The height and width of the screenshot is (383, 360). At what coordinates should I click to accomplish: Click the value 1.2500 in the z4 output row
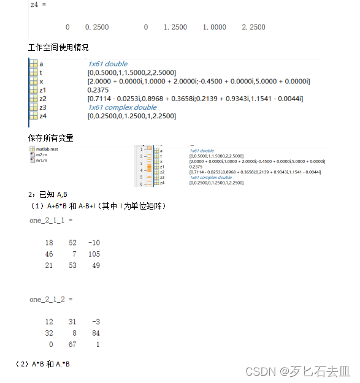click(175, 28)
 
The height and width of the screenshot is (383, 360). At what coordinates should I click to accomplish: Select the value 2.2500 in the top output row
click(253, 28)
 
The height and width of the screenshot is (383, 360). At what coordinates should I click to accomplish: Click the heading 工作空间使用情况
click(58, 48)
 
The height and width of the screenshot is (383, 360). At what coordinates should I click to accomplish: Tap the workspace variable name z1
click(43, 89)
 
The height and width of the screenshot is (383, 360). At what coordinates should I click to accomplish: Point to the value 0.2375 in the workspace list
click(98, 89)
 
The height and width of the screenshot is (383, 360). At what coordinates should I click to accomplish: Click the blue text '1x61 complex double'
click(122, 107)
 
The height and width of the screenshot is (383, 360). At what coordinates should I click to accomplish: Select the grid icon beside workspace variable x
click(33, 81)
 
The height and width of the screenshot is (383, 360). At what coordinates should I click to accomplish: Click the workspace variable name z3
click(43, 107)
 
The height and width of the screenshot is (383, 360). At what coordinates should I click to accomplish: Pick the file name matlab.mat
click(46, 149)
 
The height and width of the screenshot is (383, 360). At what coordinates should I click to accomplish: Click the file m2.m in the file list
click(41, 155)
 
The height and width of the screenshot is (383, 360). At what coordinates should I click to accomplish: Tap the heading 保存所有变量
click(50, 138)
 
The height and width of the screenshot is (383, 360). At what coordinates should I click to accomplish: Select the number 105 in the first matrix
click(93, 254)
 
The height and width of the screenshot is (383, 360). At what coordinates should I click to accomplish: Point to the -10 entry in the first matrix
click(93, 243)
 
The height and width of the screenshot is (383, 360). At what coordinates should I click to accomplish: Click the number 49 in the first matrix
click(95, 265)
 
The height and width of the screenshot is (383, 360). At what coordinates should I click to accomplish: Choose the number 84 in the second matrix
click(95, 333)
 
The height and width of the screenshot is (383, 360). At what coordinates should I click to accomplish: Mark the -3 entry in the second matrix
click(95, 322)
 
